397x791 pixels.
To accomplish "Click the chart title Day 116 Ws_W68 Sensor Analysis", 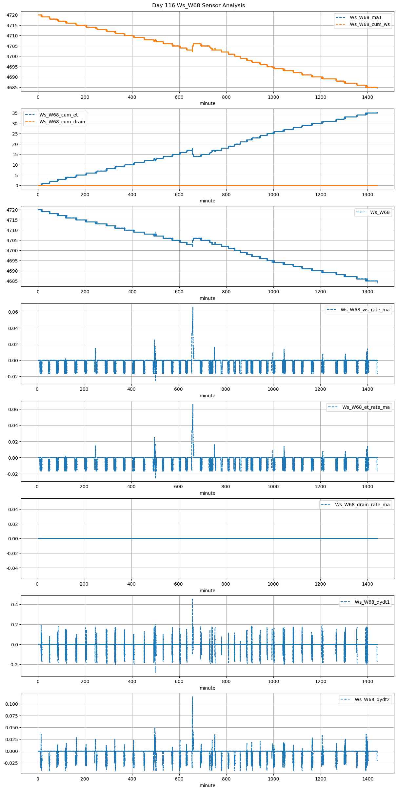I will pyautogui.click(x=198, y=5).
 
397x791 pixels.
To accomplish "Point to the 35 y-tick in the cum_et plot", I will pyautogui.click(x=15, y=113).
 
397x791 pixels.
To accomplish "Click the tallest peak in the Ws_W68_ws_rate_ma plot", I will pyautogui.click(x=193, y=307).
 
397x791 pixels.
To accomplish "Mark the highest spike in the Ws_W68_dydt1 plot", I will pyautogui.click(x=192, y=599).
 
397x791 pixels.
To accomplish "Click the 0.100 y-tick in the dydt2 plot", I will pyautogui.click(x=11, y=704).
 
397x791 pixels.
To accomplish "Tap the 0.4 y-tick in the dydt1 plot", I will pyautogui.click(x=15, y=605).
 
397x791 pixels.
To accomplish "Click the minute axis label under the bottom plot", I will pyautogui.click(x=207, y=785).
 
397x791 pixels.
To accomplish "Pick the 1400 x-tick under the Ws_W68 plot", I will pyautogui.click(x=367, y=291).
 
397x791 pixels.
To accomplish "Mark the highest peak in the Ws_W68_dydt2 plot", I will pyautogui.click(x=192, y=697).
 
